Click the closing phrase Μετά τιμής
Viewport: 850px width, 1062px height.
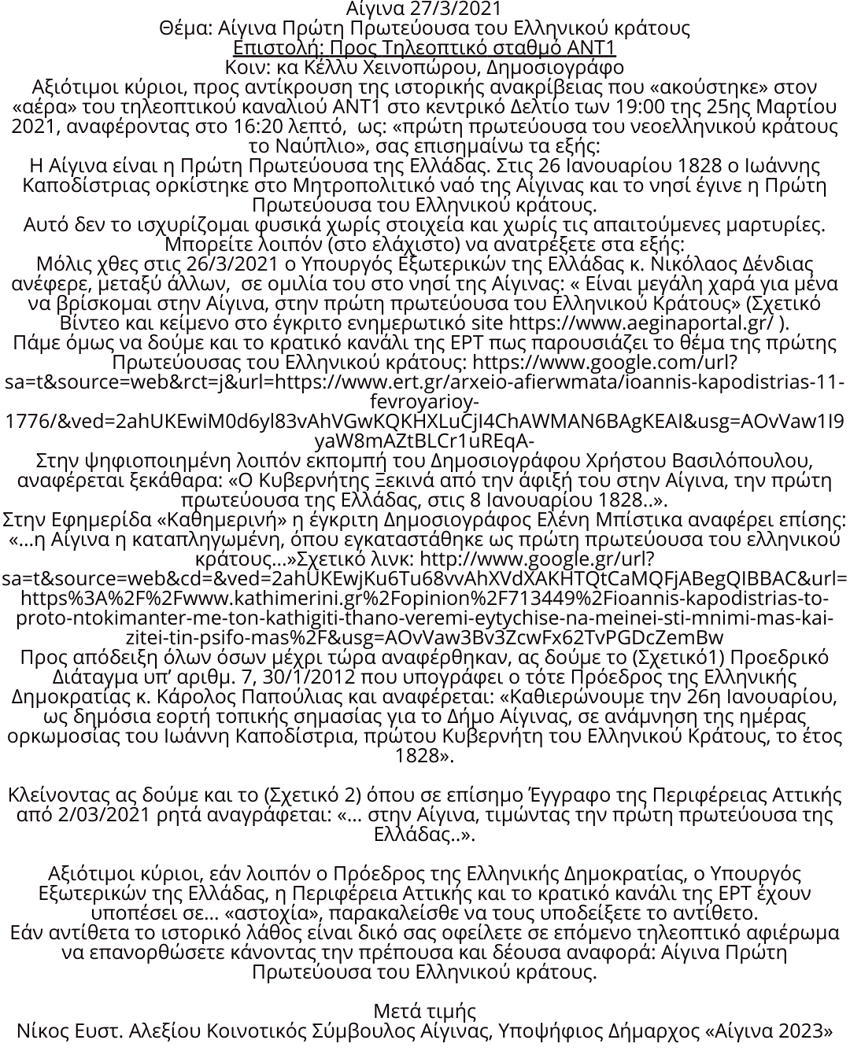coord(425,1011)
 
